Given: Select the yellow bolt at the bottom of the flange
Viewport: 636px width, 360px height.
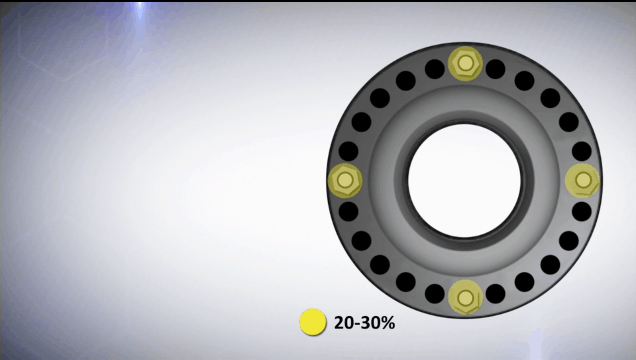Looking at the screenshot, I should [x=465, y=297].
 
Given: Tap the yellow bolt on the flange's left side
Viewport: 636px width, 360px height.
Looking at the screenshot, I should [x=345, y=180].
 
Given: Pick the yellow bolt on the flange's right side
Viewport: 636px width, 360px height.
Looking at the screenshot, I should [x=582, y=180].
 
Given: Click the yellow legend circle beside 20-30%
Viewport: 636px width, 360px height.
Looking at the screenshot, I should [x=313, y=322].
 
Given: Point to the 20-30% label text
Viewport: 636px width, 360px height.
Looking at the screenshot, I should [x=364, y=323].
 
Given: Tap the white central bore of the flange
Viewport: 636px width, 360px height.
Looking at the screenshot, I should [x=464, y=180].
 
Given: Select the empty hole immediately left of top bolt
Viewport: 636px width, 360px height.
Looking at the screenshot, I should [x=435, y=69].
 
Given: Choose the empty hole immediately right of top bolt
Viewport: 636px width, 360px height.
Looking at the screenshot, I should [x=495, y=69].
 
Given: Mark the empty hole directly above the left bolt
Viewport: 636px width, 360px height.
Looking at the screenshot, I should [x=348, y=151].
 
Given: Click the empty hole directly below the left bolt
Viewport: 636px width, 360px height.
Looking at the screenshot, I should [x=348, y=211].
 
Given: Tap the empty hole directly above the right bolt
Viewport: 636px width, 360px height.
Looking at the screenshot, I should [x=582, y=151].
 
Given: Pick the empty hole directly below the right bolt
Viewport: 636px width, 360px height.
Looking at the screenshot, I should [x=582, y=211].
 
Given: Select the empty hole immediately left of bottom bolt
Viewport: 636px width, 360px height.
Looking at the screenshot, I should [x=435, y=294].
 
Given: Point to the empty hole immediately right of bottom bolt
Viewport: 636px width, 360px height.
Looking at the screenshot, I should [x=495, y=294].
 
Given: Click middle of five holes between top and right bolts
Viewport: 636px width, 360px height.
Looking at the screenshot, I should [x=550, y=98].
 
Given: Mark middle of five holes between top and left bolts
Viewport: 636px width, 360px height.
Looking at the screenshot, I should [x=380, y=98].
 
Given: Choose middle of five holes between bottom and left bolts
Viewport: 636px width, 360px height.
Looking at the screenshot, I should [x=380, y=265].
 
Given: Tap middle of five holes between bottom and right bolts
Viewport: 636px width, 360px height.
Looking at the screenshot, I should [x=550, y=265].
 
